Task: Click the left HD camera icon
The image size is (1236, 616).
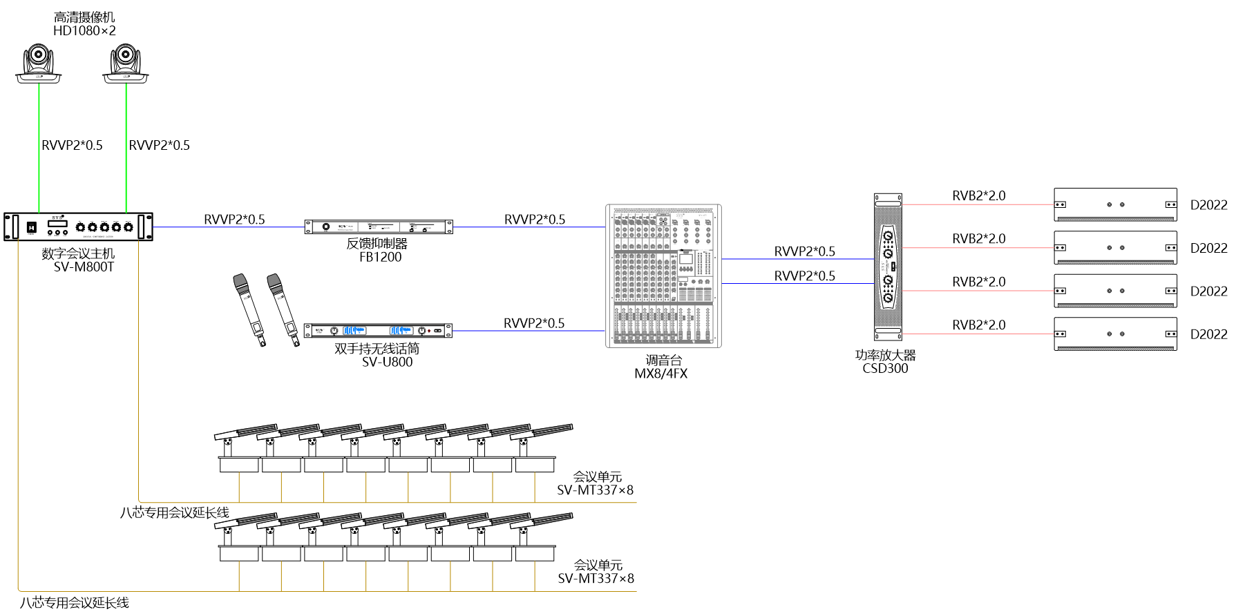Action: click(39, 64)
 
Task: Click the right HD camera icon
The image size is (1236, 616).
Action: click(126, 64)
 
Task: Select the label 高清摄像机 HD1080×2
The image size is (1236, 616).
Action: click(84, 24)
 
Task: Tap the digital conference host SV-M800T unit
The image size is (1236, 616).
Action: click(78, 227)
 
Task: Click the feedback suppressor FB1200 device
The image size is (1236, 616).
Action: click(379, 227)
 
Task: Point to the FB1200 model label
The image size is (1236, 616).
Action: click(380, 258)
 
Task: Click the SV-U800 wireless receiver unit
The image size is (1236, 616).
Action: click(379, 331)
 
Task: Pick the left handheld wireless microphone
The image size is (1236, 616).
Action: click(249, 309)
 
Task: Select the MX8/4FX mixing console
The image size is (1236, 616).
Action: click(663, 276)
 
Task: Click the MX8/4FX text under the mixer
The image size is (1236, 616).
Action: click(661, 374)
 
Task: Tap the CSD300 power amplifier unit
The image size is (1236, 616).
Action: click(888, 267)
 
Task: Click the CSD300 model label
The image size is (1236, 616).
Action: click(885, 369)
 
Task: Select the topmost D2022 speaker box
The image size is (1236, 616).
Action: click(1115, 204)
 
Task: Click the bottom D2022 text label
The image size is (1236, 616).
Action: click(1208, 334)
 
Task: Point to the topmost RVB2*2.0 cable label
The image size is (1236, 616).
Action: click(978, 196)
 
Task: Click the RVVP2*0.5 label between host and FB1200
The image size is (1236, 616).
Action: click(234, 220)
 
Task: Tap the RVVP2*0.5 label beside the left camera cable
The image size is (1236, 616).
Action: click(72, 145)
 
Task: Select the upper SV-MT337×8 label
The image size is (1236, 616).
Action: click(595, 490)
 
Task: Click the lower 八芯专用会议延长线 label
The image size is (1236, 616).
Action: click(74, 603)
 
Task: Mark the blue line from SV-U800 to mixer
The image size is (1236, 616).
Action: click(529, 331)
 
